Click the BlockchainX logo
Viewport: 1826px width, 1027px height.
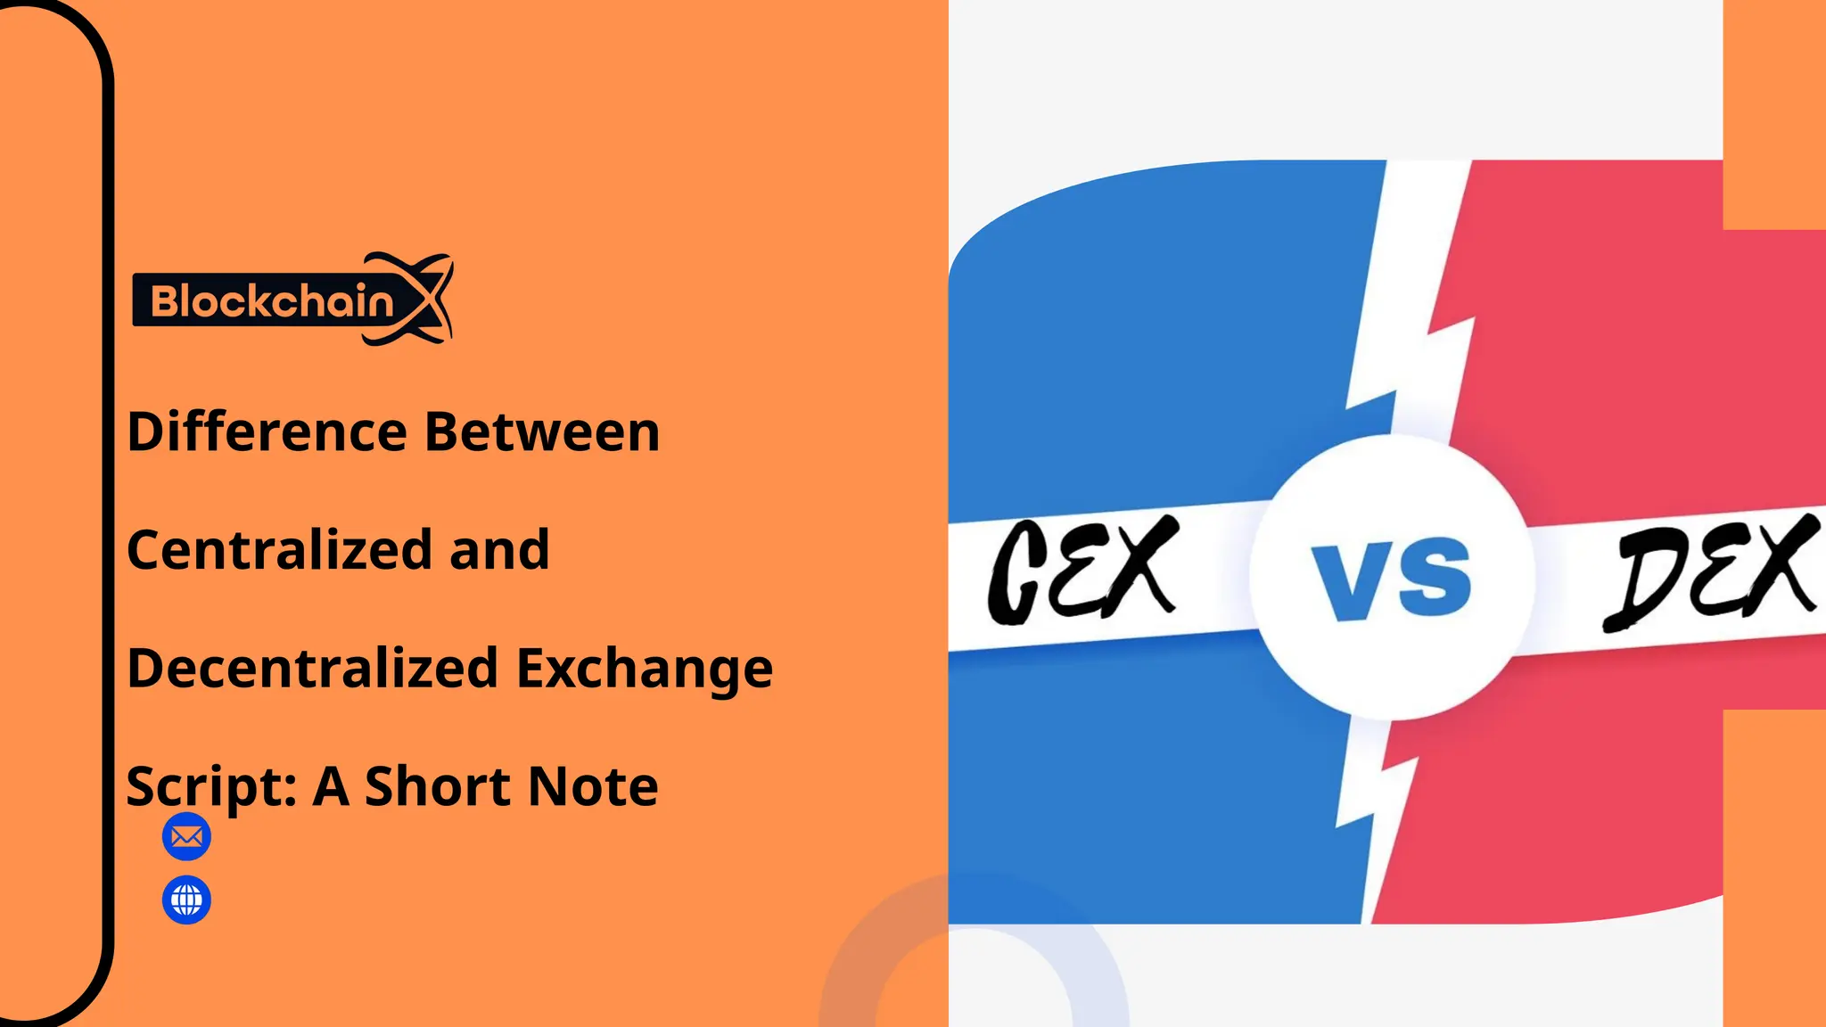[292, 300]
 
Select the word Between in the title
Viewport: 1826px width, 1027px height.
[541, 432]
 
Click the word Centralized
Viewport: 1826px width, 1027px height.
[279, 550]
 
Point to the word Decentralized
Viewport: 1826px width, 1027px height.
[312, 669]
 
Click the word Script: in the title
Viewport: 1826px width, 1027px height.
[211, 787]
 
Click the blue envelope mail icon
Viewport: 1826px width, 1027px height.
[186, 837]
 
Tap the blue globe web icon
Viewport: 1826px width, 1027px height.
[186, 900]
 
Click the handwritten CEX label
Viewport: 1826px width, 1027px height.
[1082, 571]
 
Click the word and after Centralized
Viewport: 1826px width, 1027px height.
[499, 550]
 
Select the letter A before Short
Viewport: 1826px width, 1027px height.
[330, 786]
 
